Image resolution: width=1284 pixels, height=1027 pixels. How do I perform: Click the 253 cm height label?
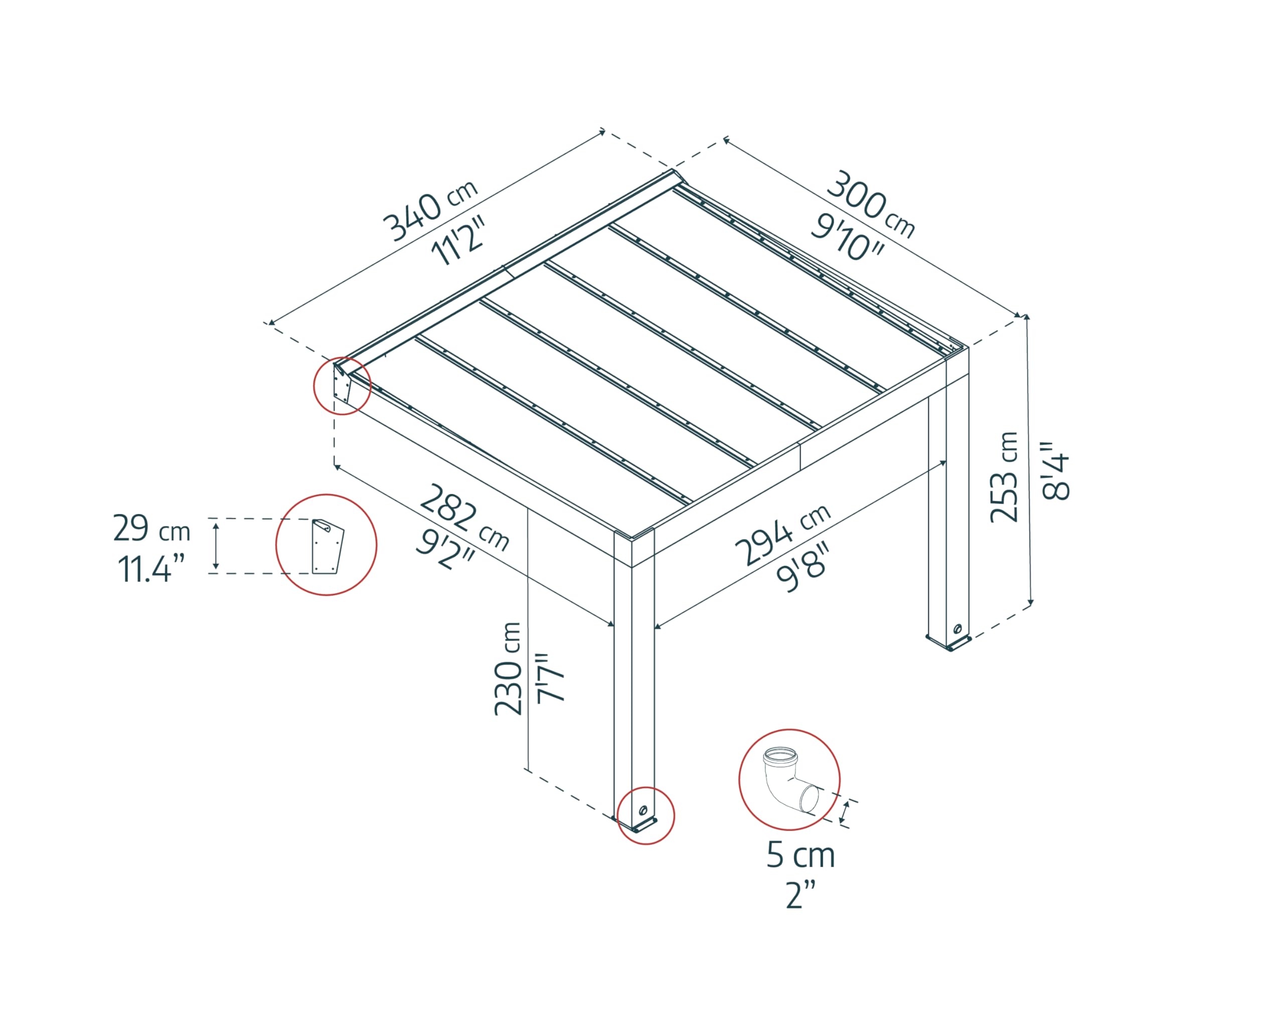tap(1004, 477)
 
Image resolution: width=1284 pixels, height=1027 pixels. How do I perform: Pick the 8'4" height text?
tap(1055, 470)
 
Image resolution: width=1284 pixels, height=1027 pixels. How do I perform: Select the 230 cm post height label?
tap(508, 668)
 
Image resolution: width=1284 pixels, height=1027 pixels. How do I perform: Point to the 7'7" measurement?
tap(551, 678)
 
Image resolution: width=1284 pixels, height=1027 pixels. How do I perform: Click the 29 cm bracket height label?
tap(151, 529)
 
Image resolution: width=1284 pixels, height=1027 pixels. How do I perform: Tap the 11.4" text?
tap(151, 569)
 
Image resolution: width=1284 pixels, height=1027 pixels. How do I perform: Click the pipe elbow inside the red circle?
tap(787, 779)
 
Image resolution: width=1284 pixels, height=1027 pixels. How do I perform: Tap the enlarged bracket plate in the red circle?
tap(327, 547)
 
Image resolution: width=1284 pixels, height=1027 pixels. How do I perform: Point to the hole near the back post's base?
tap(957, 629)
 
